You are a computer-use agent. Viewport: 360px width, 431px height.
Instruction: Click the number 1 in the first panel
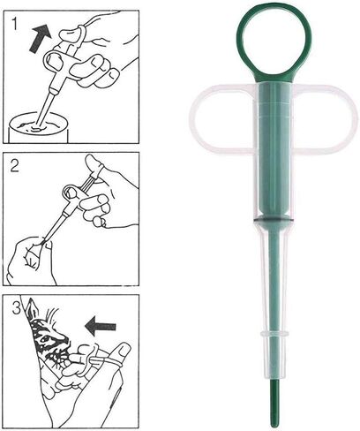(15, 25)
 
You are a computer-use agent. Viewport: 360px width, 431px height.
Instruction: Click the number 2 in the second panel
(14, 166)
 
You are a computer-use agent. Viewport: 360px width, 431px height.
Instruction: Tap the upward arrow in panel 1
(40, 38)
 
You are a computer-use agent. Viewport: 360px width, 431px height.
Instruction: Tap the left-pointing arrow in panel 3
(100, 326)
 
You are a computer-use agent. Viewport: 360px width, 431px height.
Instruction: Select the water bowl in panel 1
(39, 130)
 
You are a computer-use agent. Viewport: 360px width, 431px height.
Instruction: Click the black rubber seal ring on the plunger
(273, 219)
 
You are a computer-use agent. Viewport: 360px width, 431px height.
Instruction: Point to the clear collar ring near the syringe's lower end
(274, 334)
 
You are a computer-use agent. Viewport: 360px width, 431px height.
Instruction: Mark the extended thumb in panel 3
(121, 352)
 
